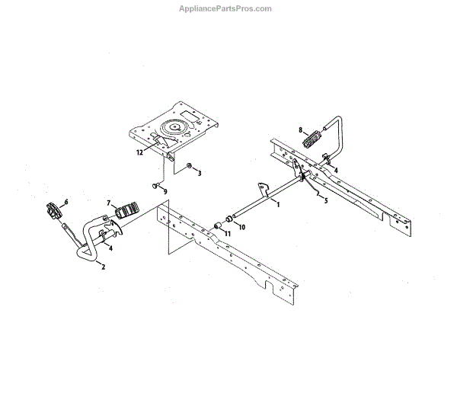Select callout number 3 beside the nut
coord(200,174)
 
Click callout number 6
coord(66,202)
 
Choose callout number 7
coord(109,203)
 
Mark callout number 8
coord(300,130)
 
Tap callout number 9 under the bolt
coord(165,191)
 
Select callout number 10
coord(243,226)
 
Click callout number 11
coord(226,232)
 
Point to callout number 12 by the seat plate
coord(139,152)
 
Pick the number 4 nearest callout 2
coord(110,248)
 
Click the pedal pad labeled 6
coord(54,210)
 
